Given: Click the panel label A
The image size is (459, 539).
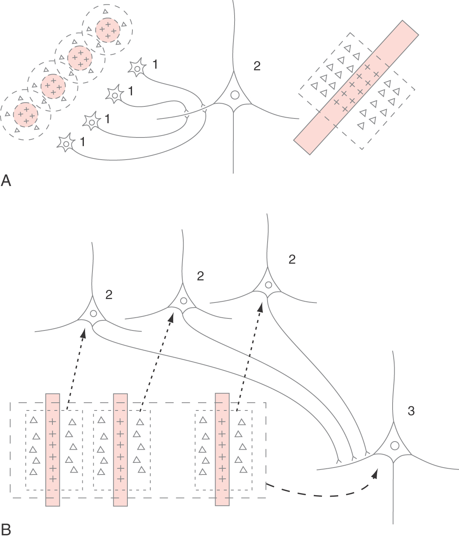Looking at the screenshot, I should [6, 180].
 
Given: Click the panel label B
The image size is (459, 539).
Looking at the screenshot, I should [6, 530].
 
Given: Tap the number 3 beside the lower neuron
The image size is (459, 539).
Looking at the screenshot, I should [411, 411].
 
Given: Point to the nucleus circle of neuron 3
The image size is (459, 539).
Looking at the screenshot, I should [395, 446].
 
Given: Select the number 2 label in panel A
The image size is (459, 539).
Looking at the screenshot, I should [257, 66].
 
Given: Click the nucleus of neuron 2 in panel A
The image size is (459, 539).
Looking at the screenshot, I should [235, 95].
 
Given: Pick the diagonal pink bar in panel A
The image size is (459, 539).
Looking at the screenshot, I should [356, 87].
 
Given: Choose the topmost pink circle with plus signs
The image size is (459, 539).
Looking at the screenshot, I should [108, 30].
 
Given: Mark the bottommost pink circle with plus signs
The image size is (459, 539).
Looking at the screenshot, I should [26, 115].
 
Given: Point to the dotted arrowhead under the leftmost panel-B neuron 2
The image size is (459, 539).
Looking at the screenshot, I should [83, 331].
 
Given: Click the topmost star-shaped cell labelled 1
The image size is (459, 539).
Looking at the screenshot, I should [137, 68].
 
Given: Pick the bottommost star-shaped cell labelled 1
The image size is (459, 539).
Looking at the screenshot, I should [66, 144].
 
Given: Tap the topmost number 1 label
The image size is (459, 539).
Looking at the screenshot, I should [155, 64].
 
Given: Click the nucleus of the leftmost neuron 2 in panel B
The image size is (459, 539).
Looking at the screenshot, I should [93, 313].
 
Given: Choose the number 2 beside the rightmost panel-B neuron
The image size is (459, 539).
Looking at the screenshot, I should [292, 259].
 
